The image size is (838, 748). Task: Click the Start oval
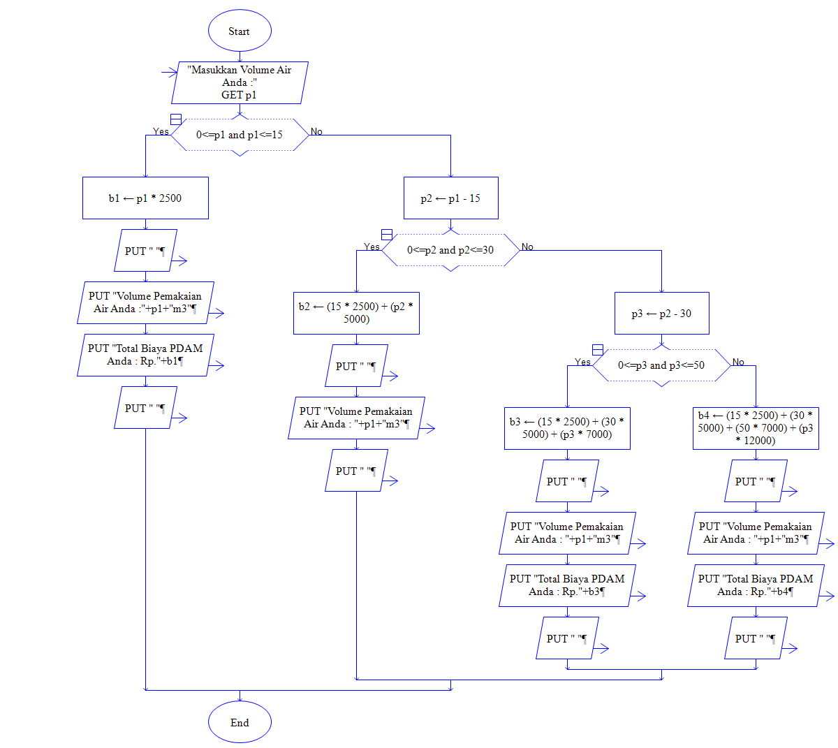[x=240, y=31]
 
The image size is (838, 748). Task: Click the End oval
[x=240, y=723]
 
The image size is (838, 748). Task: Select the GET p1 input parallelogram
[x=240, y=82]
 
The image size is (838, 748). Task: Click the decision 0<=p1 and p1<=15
[x=240, y=135]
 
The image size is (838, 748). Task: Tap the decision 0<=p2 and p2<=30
[x=450, y=250]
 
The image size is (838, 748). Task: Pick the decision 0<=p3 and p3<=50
[x=661, y=365]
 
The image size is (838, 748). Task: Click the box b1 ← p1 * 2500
[x=145, y=198]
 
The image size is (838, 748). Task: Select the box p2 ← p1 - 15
[x=450, y=198]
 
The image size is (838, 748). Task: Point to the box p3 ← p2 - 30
[x=661, y=314]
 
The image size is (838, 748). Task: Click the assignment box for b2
[x=356, y=313]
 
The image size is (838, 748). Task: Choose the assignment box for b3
[x=567, y=428]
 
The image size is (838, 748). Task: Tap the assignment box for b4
[x=756, y=428]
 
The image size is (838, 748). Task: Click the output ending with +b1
[x=145, y=355]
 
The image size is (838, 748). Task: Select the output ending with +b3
[x=567, y=585]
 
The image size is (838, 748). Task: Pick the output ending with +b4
[x=756, y=585]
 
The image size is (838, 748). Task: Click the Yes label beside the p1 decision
[x=161, y=131]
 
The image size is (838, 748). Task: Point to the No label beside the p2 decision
[x=527, y=247]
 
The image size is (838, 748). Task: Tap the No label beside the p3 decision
[x=738, y=362]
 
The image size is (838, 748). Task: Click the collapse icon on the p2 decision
[x=387, y=235]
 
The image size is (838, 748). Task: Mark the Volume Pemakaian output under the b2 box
[x=356, y=418]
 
